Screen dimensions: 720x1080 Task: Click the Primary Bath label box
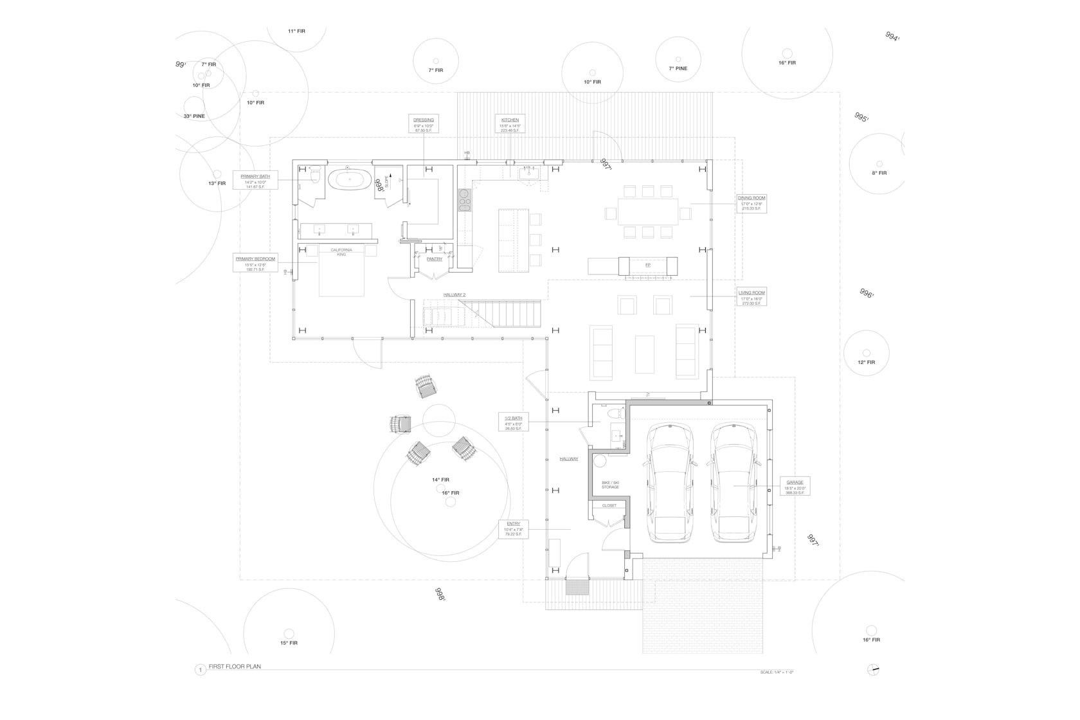(x=255, y=179)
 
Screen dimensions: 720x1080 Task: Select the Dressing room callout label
(x=424, y=124)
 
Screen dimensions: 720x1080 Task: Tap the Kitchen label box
(x=510, y=124)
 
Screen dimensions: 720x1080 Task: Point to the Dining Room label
(x=752, y=203)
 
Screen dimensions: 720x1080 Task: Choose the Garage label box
(x=795, y=486)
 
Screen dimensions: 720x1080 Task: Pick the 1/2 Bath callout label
(x=514, y=422)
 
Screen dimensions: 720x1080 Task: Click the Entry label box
(x=513, y=528)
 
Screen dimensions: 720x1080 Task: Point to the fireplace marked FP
(x=648, y=265)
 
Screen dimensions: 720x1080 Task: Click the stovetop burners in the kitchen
(x=464, y=200)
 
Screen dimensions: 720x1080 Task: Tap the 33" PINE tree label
(x=194, y=116)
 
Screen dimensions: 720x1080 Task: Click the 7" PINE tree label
(x=678, y=68)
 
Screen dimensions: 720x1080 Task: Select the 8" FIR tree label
(x=879, y=173)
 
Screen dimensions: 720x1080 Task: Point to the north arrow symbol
(x=872, y=669)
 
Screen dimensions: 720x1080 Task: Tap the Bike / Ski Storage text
(x=610, y=485)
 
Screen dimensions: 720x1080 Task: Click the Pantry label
(x=435, y=259)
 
